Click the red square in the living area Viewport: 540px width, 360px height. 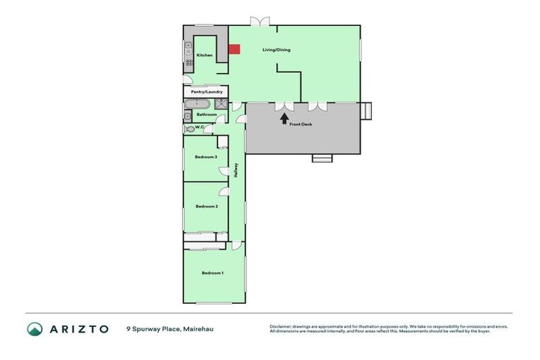(234, 49)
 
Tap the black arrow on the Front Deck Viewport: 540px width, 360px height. (285, 117)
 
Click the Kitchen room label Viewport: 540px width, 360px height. (205, 56)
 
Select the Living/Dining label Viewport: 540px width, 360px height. (276, 50)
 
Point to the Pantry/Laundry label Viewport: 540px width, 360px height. (207, 91)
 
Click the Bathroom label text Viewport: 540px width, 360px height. (207, 114)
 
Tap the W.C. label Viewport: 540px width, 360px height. (200, 128)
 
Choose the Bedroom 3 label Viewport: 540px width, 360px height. (206, 157)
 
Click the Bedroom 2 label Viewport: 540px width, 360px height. (206, 206)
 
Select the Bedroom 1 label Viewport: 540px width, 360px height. (212, 273)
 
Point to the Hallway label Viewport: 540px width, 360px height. (238, 169)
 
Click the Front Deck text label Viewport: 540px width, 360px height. (300, 124)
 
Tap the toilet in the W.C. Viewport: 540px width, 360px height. (188, 129)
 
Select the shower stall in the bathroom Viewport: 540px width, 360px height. (221, 104)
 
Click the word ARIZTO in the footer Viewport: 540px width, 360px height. (78, 328)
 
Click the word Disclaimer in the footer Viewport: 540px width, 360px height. (281, 326)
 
